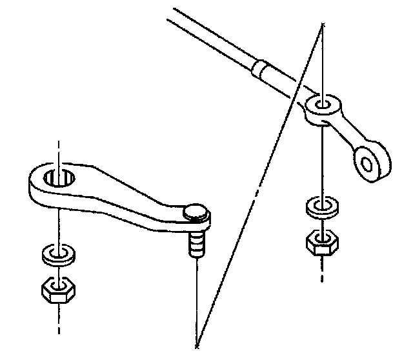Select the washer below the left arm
[x=59, y=254]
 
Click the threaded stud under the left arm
[x=196, y=244]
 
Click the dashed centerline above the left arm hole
[x=59, y=152]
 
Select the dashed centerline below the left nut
[x=59, y=319]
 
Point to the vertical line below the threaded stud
[x=196, y=297]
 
